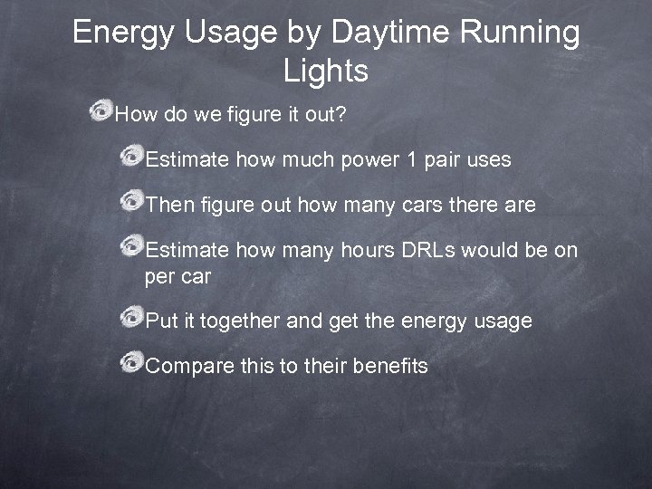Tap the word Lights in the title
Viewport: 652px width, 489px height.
(326, 70)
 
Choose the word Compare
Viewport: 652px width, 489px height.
(187, 368)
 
